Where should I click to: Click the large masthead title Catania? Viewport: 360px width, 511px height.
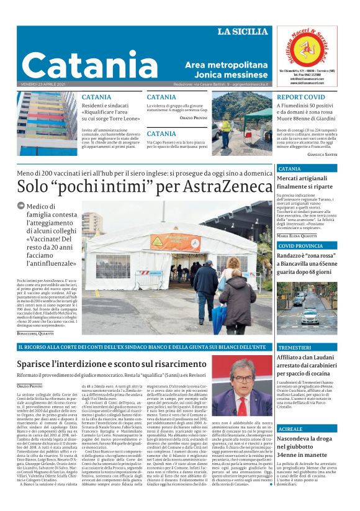point(91,64)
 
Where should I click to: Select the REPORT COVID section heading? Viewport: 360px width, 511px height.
point(300,97)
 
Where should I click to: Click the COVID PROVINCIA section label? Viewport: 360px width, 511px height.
point(301,246)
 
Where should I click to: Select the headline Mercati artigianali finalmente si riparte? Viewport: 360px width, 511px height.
point(305,181)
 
